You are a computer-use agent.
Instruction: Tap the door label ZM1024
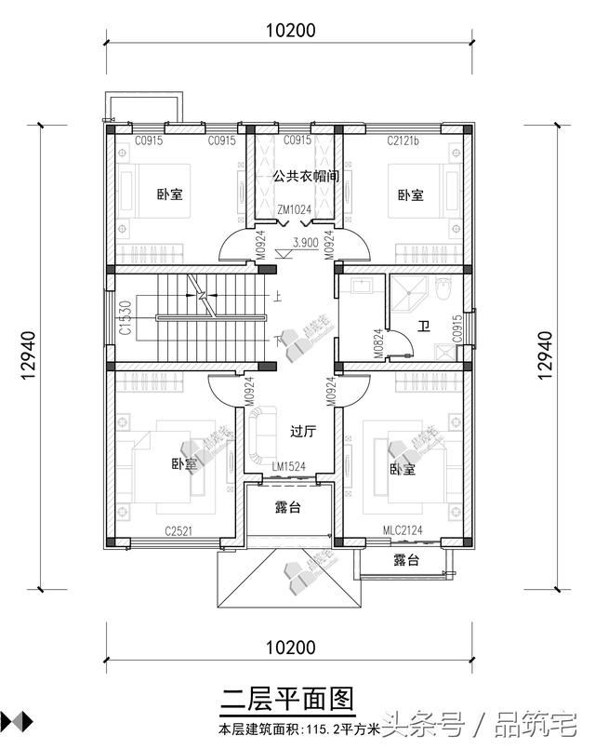click(294, 209)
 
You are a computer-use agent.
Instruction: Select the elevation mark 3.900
click(305, 241)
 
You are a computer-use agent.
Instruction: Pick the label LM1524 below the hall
click(290, 465)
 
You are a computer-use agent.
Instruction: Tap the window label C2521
click(179, 530)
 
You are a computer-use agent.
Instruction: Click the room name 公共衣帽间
click(305, 175)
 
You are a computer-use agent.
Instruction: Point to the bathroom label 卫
click(424, 326)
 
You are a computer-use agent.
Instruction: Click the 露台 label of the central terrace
click(287, 507)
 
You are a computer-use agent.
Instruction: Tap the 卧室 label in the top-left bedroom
click(169, 194)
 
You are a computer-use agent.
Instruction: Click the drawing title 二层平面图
click(288, 698)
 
